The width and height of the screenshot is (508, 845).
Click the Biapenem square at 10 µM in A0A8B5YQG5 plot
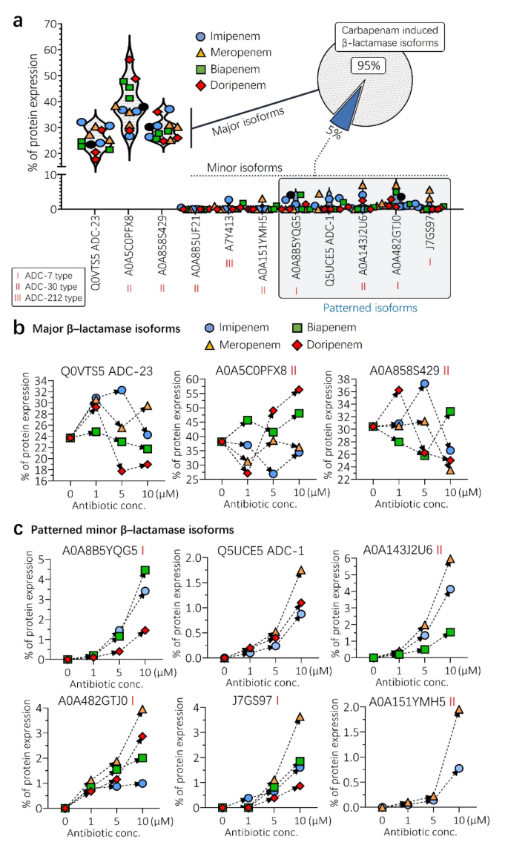(x=145, y=571)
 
